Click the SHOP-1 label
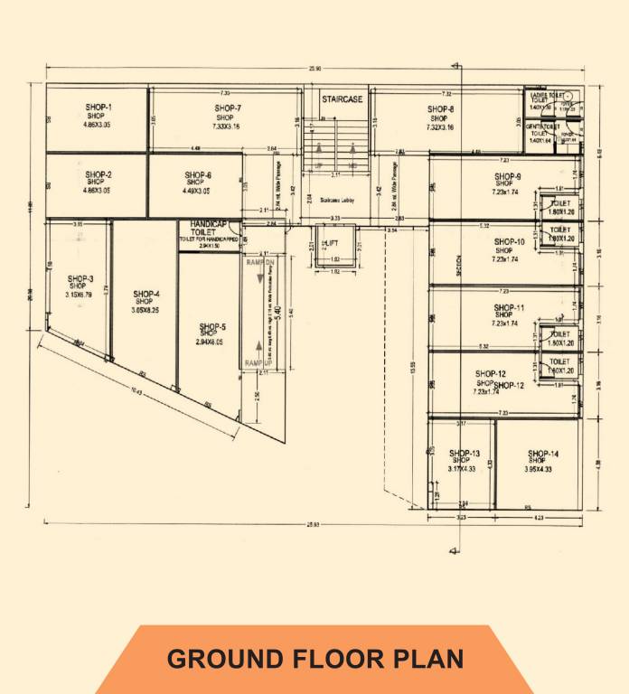[x=99, y=108]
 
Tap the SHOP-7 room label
[x=228, y=108]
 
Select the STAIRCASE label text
[x=342, y=99]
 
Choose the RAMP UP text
[x=259, y=362]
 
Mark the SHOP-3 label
[x=80, y=278]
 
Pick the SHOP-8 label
[x=440, y=109]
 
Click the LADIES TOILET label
[x=547, y=95]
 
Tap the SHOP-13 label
[x=464, y=453]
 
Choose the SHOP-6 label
[x=198, y=175]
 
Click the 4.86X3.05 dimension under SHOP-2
[x=98, y=191]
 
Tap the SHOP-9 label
[x=507, y=176]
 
